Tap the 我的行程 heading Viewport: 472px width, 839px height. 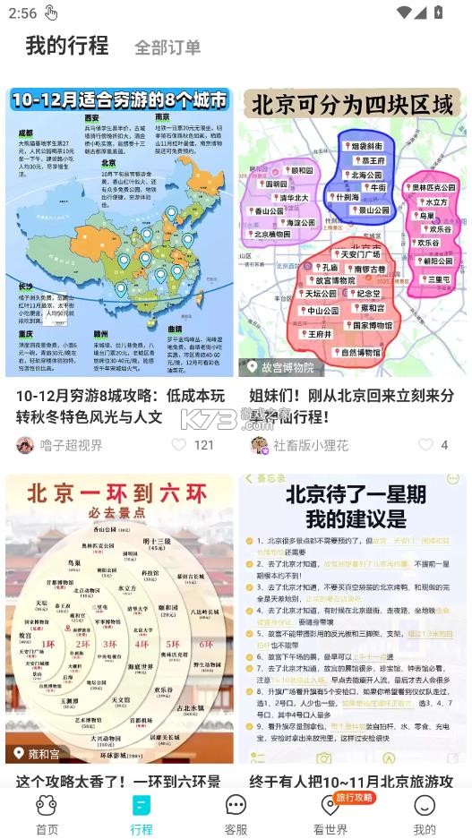(x=66, y=46)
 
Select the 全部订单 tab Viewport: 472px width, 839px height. (x=167, y=47)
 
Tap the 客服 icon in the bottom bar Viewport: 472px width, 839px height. (x=236, y=805)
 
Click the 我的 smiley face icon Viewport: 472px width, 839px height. (x=425, y=805)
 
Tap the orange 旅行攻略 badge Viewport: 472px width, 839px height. (x=354, y=797)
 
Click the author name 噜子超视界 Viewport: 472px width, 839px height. (x=71, y=445)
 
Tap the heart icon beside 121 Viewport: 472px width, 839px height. (x=178, y=445)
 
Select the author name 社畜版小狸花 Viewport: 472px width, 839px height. (x=310, y=445)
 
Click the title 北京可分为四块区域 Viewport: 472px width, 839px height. (x=351, y=106)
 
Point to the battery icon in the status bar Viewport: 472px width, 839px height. (x=438, y=13)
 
